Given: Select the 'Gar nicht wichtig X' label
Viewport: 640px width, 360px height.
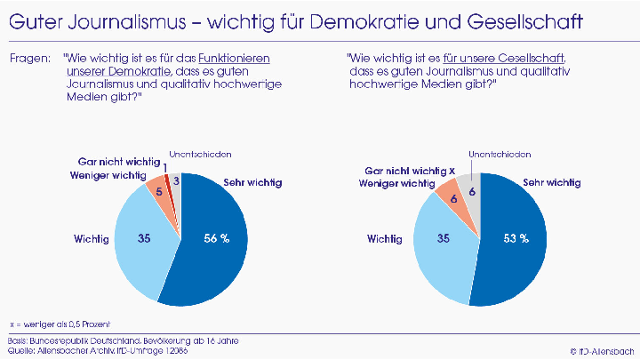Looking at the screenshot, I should click(x=410, y=170).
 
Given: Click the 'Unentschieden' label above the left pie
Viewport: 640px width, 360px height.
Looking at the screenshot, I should click(x=200, y=155).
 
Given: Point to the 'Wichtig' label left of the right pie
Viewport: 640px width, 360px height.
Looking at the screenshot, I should click(x=383, y=238).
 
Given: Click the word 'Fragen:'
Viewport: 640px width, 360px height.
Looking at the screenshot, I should click(x=28, y=58).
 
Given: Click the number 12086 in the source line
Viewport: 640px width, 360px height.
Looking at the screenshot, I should click(x=175, y=350).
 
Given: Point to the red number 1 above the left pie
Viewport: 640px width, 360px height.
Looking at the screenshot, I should click(x=165, y=166).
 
